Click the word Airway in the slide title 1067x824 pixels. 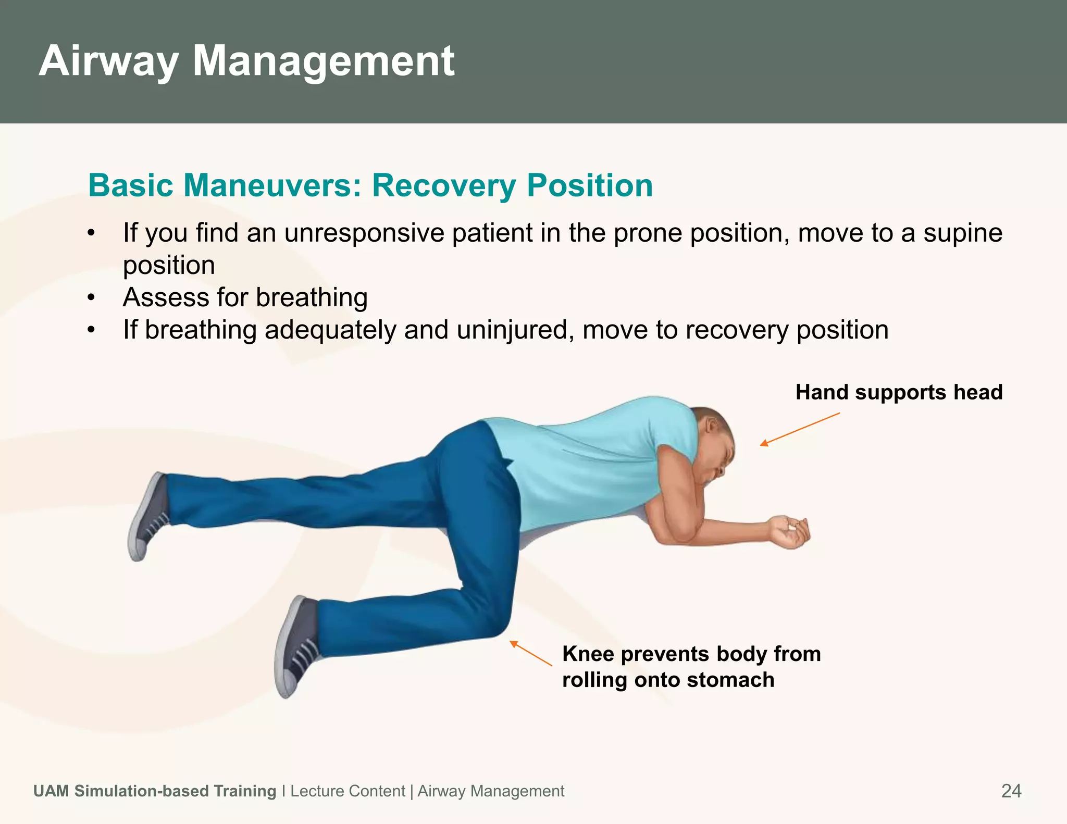(x=108, y=61)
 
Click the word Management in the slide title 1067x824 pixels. (x=324, y=61)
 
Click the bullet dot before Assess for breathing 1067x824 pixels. (x=92, y=298)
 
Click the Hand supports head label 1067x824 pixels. (x=899, y=392)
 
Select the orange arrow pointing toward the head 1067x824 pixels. (x=800, y=429)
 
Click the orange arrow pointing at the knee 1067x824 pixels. (x=530, y=653)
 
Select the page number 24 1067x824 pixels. (x=1011, y=791)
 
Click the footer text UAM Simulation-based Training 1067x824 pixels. (x=155, y=791)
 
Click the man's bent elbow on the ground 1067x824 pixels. (x=672, y=534)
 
